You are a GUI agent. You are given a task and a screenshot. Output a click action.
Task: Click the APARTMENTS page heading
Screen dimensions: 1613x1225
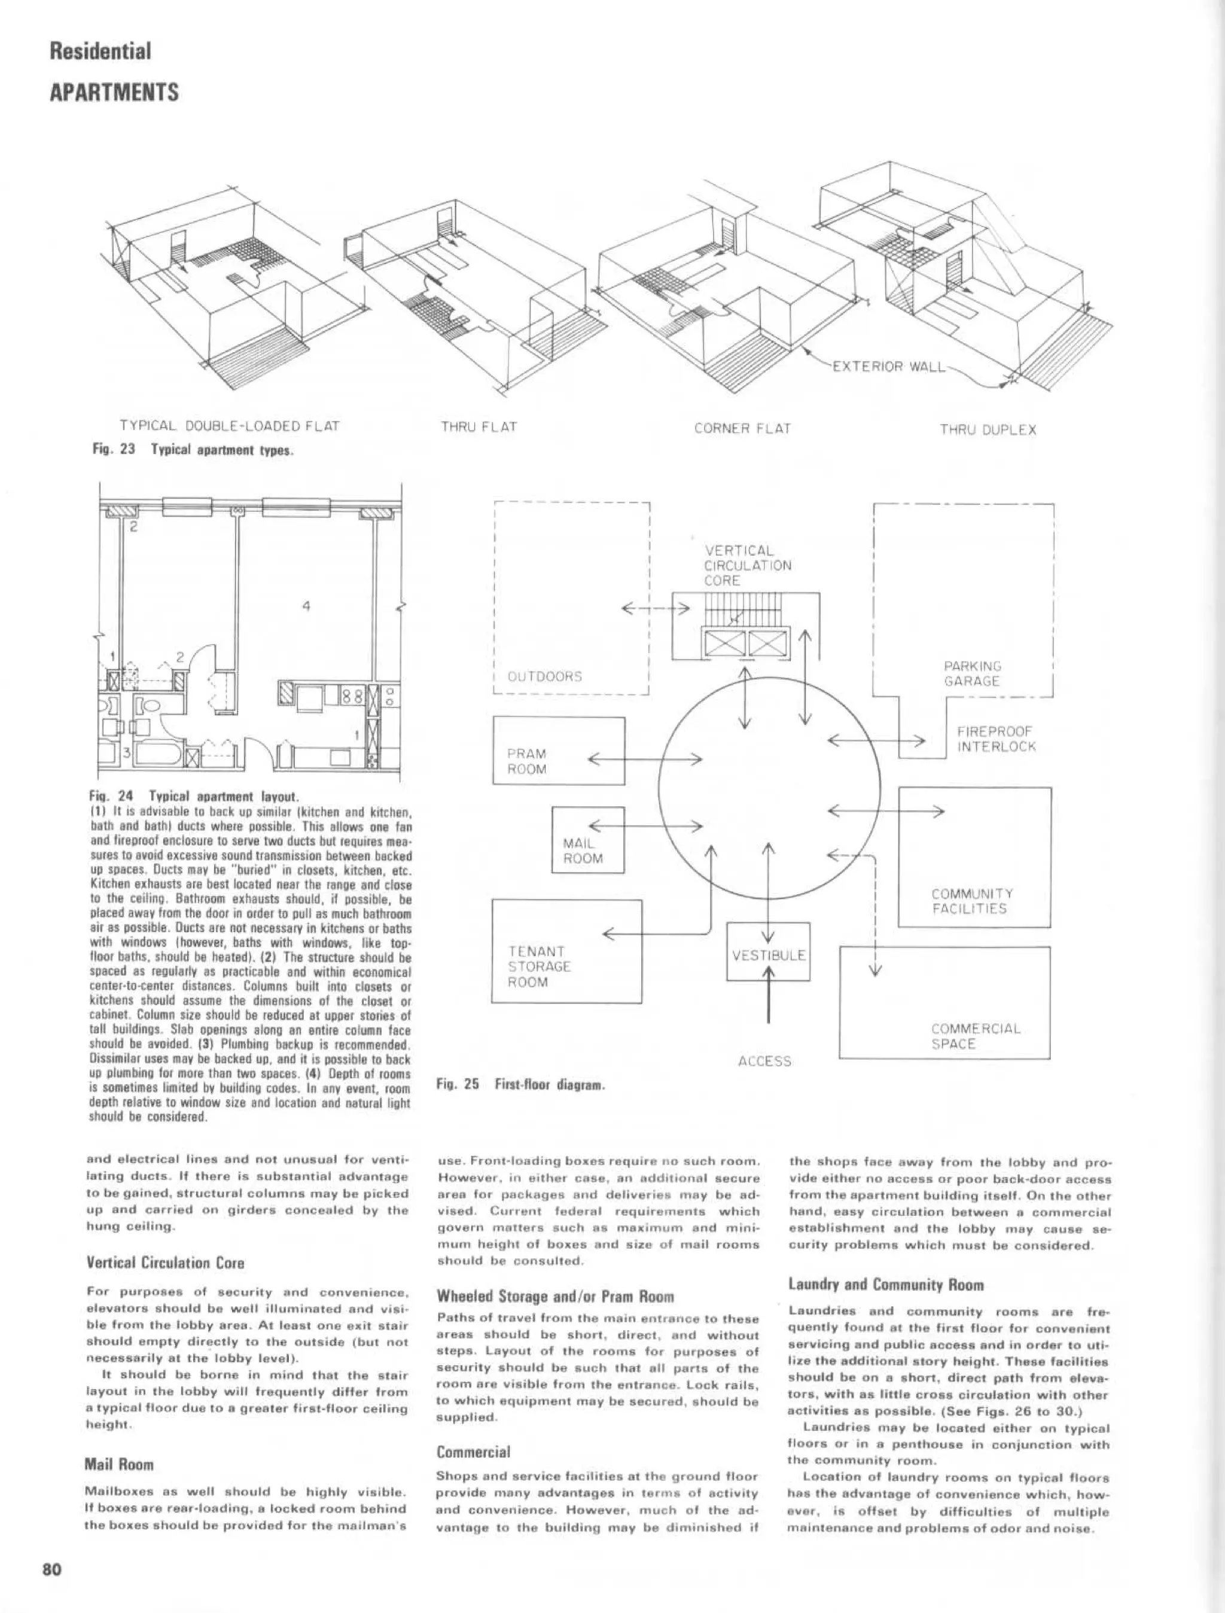(114, 93)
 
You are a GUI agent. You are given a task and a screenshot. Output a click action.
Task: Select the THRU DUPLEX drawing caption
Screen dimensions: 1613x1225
(988, 429)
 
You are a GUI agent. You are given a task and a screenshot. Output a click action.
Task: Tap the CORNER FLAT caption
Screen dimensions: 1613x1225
(742, 429)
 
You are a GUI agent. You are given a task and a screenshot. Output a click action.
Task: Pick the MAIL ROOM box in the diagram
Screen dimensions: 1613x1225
(588, 840)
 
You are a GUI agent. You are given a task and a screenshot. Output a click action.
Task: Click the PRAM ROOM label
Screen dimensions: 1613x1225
(526, 761)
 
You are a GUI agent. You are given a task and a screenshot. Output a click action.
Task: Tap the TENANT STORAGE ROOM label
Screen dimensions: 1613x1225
(540, 966)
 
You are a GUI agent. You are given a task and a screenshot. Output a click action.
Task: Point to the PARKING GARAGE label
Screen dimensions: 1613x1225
(972, 673)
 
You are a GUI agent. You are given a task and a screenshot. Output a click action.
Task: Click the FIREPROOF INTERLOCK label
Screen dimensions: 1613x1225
(996, 739)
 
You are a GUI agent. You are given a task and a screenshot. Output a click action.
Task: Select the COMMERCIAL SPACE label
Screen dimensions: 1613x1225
(976, 1036)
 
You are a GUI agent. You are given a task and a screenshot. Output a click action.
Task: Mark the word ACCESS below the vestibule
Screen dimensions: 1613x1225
(764, 1061)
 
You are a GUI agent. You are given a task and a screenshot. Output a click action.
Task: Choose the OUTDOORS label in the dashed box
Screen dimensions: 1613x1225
(545, 676)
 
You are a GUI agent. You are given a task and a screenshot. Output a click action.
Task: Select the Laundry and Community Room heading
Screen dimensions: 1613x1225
(886, 1285)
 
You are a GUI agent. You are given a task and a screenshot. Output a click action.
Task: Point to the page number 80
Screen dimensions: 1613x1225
(51, 1569)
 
